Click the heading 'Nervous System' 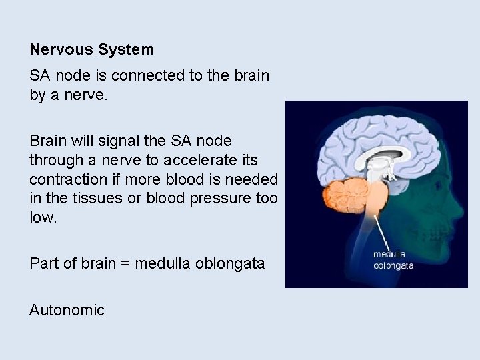tap(91, 49)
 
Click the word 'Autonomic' tap(67, 310)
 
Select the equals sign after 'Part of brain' tap(126, 264)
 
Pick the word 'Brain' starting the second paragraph tap(48, 141)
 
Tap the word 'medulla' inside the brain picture tap(389, 254)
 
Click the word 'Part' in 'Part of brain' tap(43, 264)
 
